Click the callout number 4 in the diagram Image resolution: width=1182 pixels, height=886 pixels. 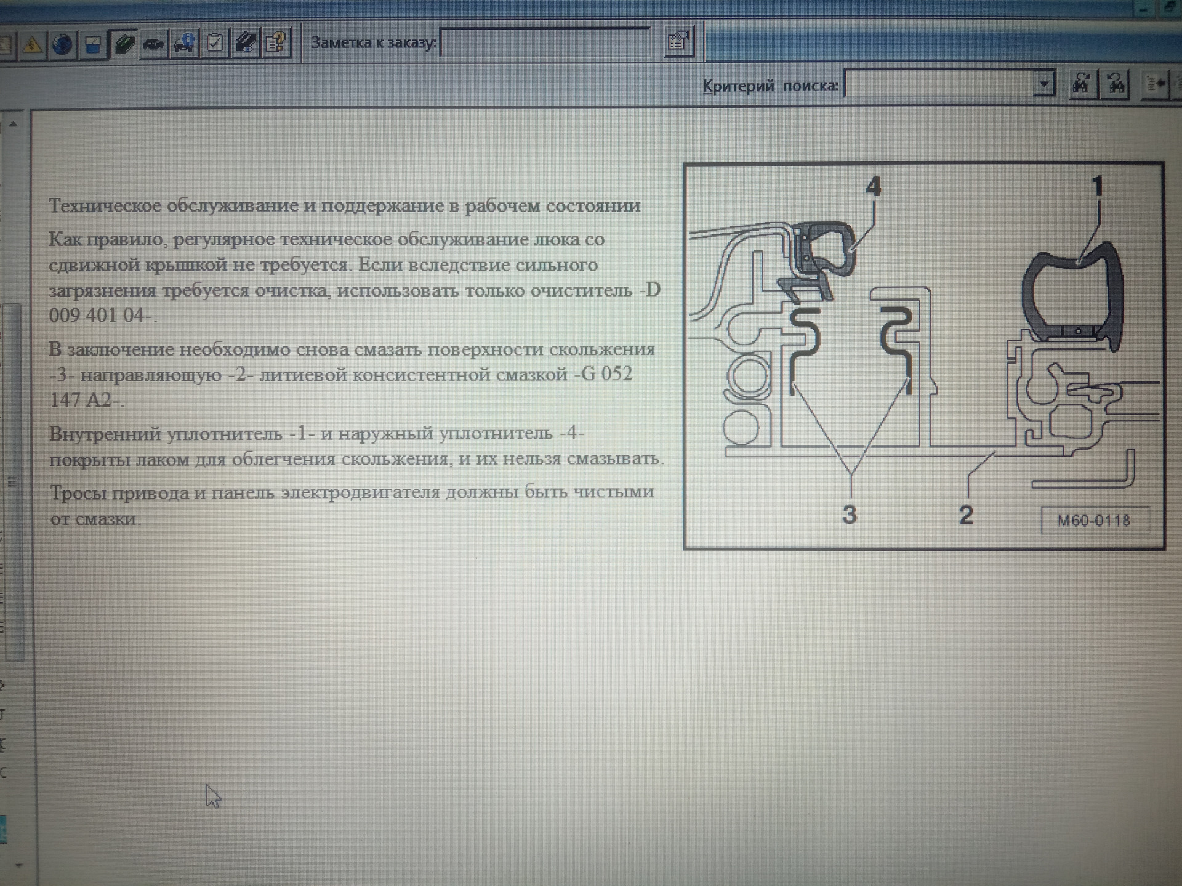pos(873,186)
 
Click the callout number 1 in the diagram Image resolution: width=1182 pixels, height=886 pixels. pos(1098,186)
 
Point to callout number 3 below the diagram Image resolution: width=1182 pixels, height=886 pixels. pos(850,514)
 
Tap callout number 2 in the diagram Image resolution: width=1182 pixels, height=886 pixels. pos(966,514)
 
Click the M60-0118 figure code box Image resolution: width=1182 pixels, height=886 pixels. pos(1094,521)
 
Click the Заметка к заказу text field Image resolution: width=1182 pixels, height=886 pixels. pos(545,43)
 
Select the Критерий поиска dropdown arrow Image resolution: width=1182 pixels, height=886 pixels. pos(1043,83)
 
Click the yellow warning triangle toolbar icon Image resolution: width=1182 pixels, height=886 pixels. pos(32,44)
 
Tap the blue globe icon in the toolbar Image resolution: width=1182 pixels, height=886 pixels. pos(62,44)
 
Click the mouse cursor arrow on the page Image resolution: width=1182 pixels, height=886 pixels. pos(212,796)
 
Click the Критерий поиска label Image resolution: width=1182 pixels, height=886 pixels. pos(771,86)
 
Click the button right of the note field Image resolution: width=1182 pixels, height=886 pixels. pos(680,42)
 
